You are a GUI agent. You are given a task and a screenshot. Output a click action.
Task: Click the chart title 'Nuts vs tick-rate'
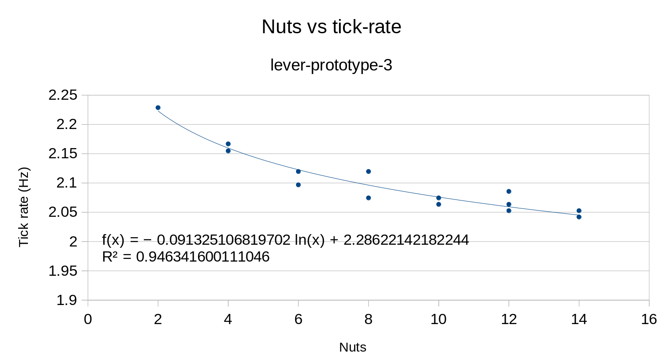pyautogui.click(x=332, y=27)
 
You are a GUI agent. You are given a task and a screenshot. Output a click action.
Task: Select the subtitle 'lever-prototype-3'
pyautogui.click(x=331, y=65)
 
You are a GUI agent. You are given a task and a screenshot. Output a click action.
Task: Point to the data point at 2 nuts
pyautogui.click(x=158, y=108)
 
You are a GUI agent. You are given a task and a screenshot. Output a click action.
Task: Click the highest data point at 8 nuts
pyautogui.click(x=368, y=172)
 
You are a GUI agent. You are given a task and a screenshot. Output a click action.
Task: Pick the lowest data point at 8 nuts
pyautogui.click(x=368, y=198)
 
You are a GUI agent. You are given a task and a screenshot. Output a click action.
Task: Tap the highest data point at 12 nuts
pyautogui.click(x=509, y=192)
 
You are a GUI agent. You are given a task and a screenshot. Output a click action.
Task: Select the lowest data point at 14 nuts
pyautogui.click(x=579, y=217)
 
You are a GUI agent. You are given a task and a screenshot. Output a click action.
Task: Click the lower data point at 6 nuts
pyautogui.click(x=298, y=185)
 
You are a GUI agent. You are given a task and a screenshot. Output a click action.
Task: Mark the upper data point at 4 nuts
pyautogui.click(x=228, y=144)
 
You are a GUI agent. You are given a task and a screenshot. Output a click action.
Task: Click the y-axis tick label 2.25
pyautogui.click(x=63, y=95)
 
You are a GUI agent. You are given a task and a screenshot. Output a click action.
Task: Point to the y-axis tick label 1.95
pyautogui.click(x=63, y=271)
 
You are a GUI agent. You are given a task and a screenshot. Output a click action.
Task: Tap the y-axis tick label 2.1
pyautogui.click(x=67, y=183)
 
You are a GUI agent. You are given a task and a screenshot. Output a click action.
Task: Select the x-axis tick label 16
pyautogui.click(x=649, y=320)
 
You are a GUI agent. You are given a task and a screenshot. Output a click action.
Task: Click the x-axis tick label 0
pyautogui.click(x=88, y=320)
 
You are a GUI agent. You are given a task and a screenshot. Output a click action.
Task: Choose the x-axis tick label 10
pyautogui.click(x=439, y=320)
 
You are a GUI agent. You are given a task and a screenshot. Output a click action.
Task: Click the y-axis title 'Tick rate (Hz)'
pyautogui.click(x=24, y=207)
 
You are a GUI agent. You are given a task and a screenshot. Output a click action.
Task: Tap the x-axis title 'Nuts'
pyautogui.click(x=353, y=348)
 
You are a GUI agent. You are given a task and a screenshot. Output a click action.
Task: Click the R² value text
pyautogui.click(x=186, y=257)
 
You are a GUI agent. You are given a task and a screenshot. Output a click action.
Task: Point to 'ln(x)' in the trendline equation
pyautogui.click(x=310, y=240)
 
